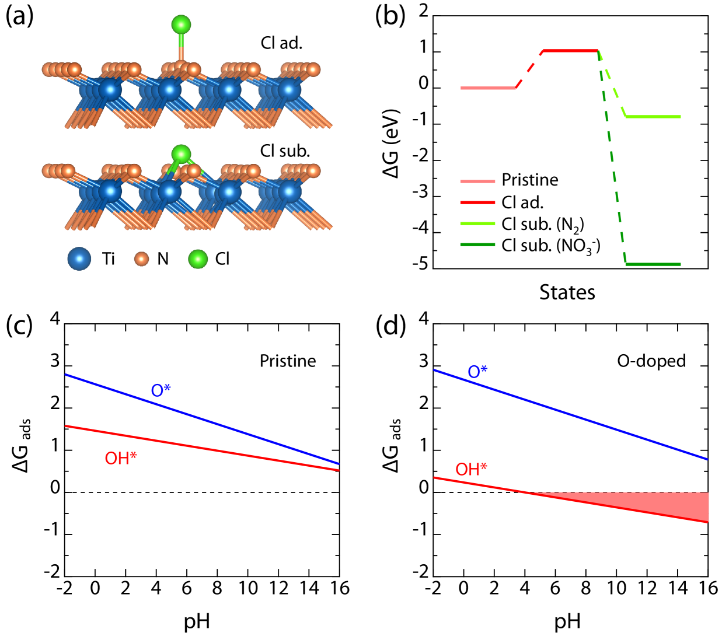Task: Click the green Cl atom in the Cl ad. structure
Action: pos(181,25)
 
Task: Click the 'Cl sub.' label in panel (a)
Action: pos(285,151)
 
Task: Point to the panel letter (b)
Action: pos(390,16)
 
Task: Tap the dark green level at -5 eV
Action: pos(653,264)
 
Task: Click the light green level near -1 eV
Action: pos(653,117)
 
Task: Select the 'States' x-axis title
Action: pos(567,292)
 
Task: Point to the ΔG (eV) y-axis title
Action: pos(390,143)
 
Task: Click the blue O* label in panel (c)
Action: pos(161,390)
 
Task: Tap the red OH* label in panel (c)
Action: pos(120,458)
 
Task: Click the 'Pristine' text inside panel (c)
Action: pos(288,361)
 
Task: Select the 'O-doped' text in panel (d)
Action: pos(651,361)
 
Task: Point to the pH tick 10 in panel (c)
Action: pos(248,588)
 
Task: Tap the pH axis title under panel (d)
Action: pos(567,622)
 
